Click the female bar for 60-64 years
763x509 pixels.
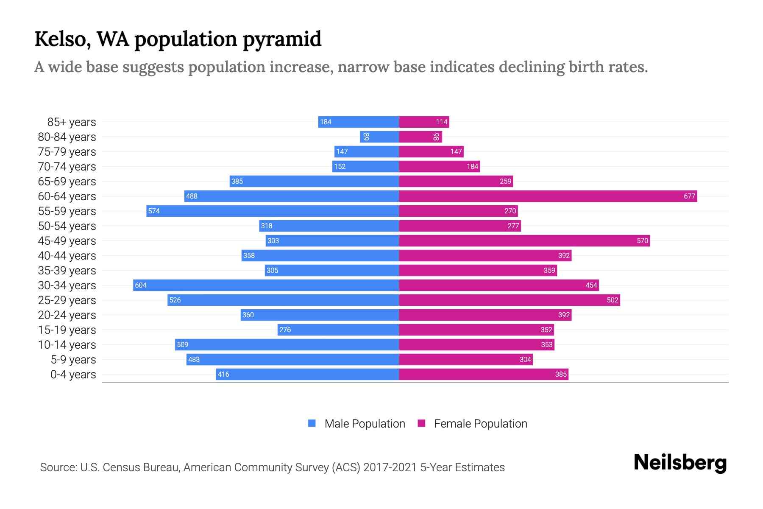(548, 196)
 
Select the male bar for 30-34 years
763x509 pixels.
(266, 285)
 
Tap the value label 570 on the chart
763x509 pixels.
(642, 241)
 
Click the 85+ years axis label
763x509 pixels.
(72, 122)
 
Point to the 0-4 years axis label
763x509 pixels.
(73, 375)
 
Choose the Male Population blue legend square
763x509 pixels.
(312, 423)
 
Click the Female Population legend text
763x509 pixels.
(480, 423)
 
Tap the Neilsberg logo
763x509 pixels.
(680, 463)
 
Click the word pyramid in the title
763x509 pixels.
(282, 39)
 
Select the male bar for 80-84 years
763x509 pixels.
(379, 137)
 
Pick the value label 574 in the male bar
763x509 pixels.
(154, 211)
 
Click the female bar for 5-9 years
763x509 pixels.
(465, 359)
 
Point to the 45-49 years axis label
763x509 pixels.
(67, 241)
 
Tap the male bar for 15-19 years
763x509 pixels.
(338, 330)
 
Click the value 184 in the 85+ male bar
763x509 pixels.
(326, 122)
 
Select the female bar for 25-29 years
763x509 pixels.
(509, 300)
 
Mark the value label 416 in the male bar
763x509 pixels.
(223, 374)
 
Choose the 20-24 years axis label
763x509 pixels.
(67, 315)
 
